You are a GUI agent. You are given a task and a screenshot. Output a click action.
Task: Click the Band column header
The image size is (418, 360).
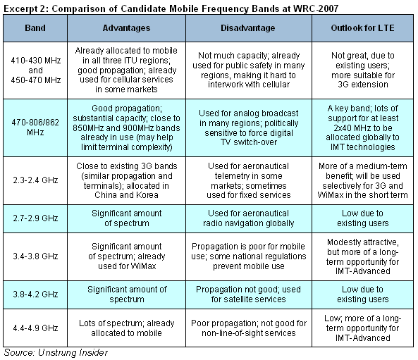35,28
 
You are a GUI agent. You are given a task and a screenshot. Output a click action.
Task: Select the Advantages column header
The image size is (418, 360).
126,28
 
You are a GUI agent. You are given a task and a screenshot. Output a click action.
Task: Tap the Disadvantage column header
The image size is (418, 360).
247,28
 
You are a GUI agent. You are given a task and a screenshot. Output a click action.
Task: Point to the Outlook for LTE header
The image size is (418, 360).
362,28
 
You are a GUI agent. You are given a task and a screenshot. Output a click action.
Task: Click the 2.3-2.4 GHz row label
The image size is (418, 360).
35,180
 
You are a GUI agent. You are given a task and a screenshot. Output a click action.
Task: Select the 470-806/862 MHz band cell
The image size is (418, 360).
35,128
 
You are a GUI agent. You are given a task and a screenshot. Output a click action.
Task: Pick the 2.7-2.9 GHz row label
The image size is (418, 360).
35,218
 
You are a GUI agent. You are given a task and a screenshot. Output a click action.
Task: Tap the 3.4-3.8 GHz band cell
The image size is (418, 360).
35,256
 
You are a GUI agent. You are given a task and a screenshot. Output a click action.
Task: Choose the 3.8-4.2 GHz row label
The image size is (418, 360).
35,294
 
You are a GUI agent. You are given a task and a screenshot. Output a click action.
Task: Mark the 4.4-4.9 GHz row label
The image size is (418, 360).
35,328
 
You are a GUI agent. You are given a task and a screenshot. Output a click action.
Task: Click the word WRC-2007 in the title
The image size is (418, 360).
316,8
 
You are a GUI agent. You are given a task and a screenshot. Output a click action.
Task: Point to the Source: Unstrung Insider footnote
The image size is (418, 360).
56,352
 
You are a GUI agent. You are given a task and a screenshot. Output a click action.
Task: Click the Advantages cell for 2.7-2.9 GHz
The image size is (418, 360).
127,218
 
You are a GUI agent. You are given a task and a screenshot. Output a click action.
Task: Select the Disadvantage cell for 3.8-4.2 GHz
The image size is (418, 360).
248,294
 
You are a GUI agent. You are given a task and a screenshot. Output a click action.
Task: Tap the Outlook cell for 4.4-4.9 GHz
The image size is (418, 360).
362,328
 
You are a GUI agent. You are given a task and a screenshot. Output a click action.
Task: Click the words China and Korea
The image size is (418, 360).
126,195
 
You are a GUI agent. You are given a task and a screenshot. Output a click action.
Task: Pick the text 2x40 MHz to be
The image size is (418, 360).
363,128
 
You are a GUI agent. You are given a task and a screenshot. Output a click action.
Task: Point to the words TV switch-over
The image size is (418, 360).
249,142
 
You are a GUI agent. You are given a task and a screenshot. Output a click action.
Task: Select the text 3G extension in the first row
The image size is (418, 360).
363,85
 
